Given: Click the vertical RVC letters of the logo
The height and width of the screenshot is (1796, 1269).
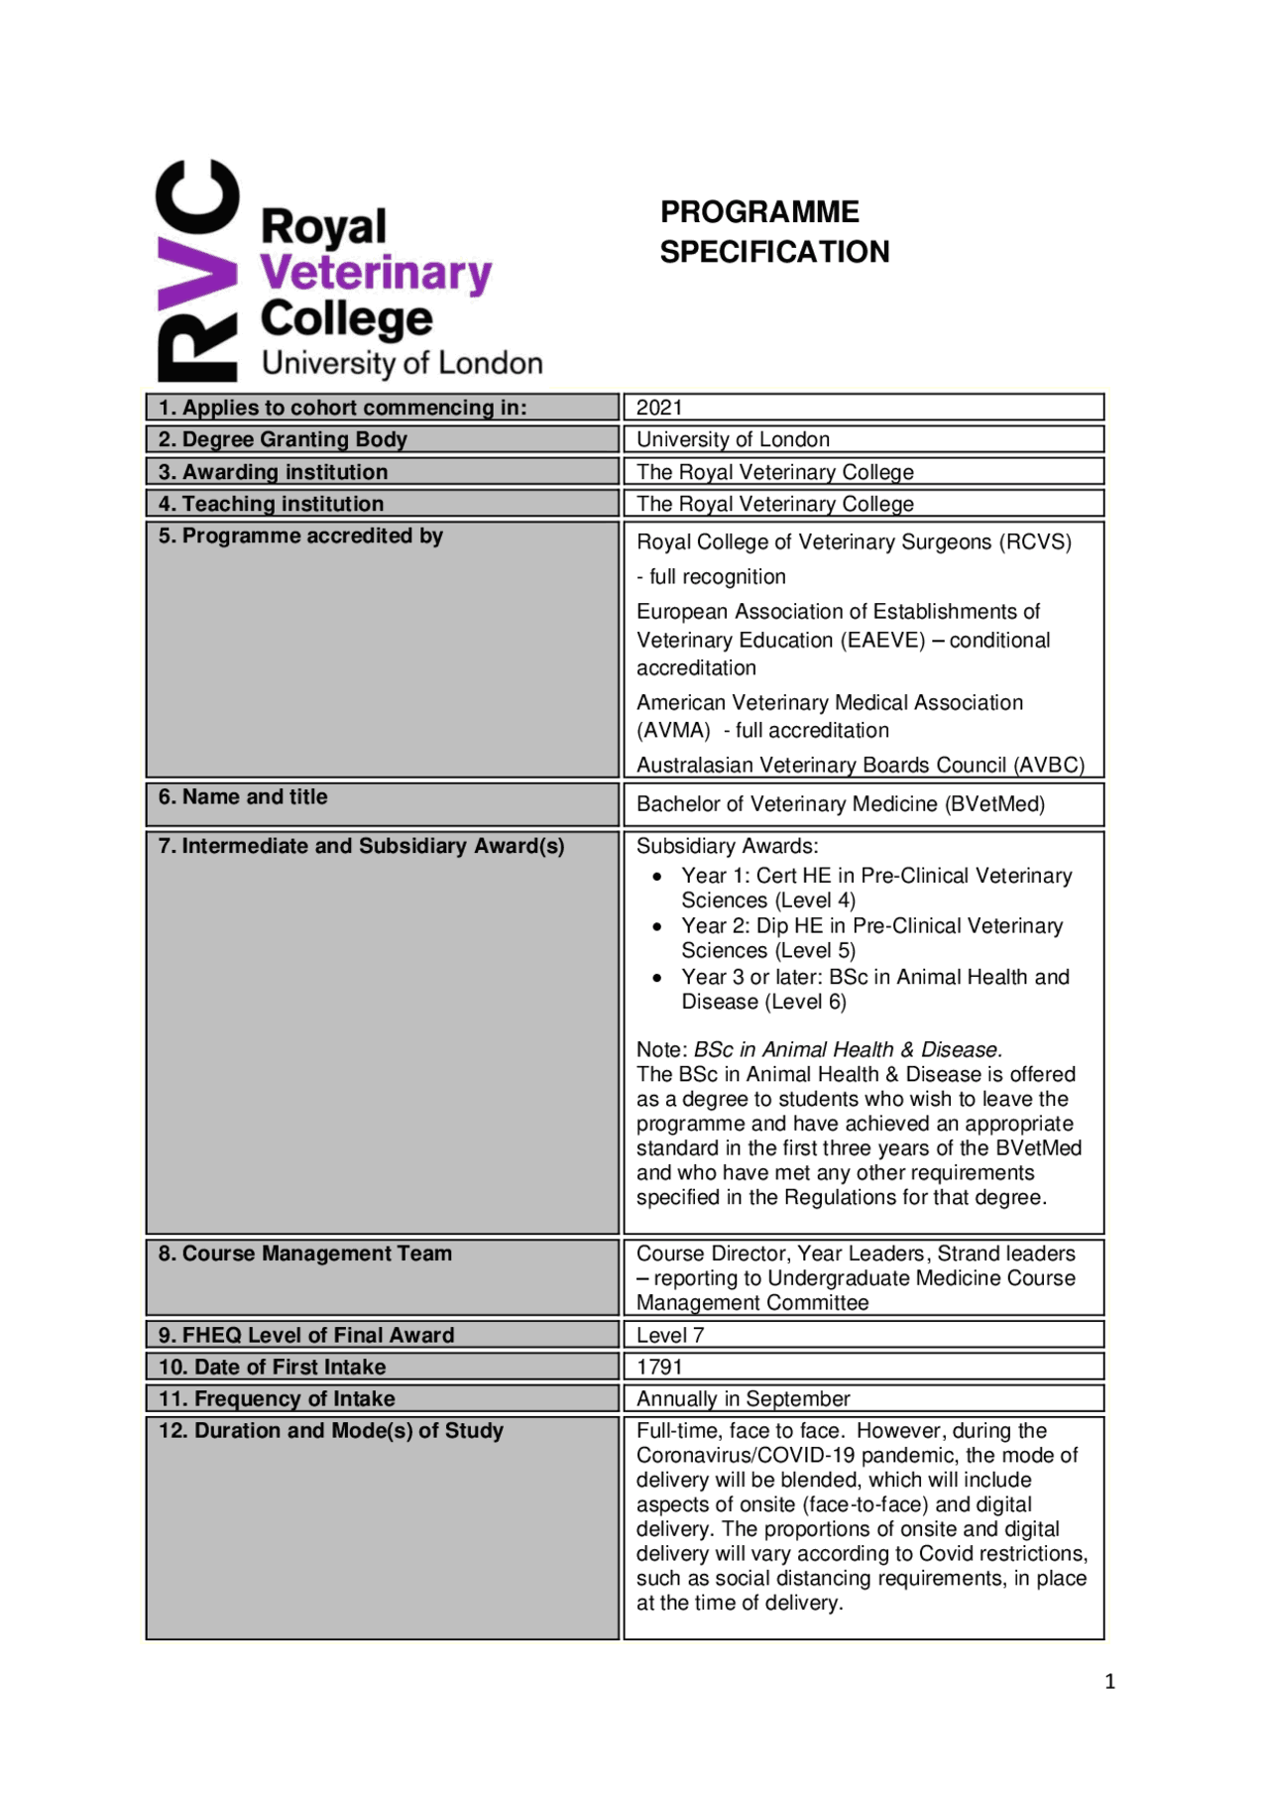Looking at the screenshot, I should click(197, 270).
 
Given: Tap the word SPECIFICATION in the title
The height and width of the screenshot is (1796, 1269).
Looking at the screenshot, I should click(774, 252).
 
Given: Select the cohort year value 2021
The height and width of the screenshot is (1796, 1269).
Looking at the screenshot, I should click(659, 408).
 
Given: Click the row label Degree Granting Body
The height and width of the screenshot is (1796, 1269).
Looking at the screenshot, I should click(294, 439).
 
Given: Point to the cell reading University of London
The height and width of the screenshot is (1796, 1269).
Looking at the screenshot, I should click(733, 439).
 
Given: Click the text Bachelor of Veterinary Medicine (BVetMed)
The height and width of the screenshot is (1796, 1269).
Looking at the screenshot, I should click(840, 803).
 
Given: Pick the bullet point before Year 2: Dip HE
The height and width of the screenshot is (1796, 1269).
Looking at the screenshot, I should click(657, 926).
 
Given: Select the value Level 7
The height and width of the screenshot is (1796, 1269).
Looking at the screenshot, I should click(669, 1335).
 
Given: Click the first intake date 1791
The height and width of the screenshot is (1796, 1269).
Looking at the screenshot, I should click(659, 1367).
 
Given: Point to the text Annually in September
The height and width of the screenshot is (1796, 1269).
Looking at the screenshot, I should click(743, 1398).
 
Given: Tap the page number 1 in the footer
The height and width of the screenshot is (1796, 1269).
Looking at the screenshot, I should click(1109, 1681).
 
